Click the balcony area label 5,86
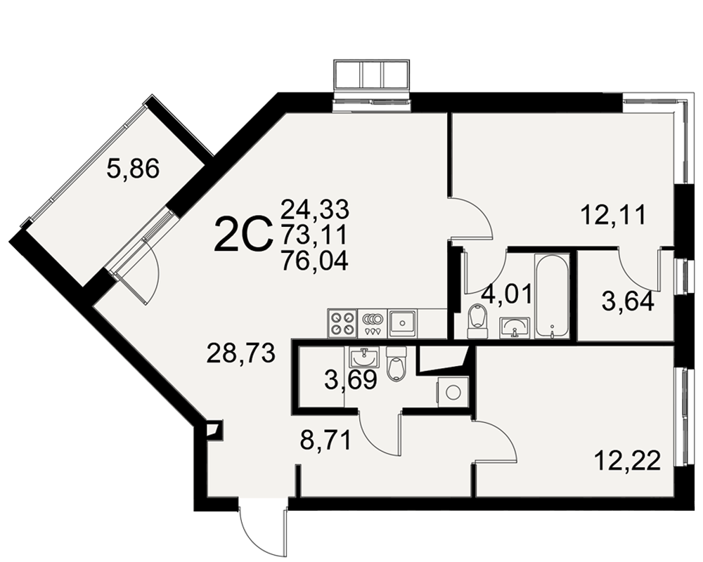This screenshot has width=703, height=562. coord(133,170)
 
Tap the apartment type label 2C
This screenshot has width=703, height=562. coord(243,234)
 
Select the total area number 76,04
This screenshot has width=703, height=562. coord(314,261)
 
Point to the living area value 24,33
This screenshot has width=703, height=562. coord(315,209)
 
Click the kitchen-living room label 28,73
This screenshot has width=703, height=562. coord(240,354)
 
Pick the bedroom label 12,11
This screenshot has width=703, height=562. coord(614,215)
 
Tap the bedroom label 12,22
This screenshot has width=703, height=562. coord(628,461)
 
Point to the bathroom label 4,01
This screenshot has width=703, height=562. coord(507,294)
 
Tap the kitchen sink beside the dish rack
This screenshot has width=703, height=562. coord(402,323)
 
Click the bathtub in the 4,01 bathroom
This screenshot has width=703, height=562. coord(552,296)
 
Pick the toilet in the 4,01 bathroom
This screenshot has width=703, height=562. coord(477,321)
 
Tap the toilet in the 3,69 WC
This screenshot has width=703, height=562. coord(396,363)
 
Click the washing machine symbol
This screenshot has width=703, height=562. coord(453,392)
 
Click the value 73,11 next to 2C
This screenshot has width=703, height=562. coord(314,235)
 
